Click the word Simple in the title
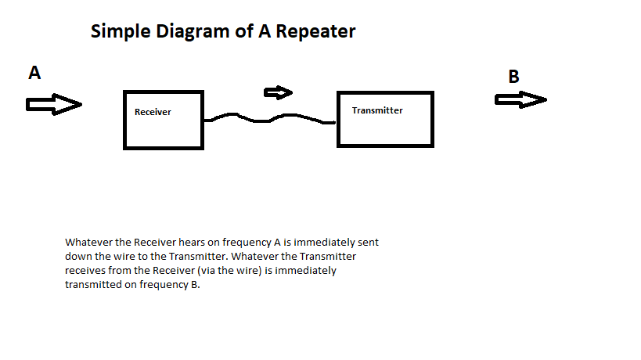click(121, 32)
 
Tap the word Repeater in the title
click(315, 31)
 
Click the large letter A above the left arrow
click(34, 73)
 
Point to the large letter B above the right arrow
click(514, 77)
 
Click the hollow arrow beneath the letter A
click(54, 104)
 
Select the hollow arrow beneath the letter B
click(520, 99)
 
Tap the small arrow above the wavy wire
click(279, 93)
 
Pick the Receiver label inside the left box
click(153, 112)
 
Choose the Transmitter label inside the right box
click(377, 110)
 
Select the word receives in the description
click(85, 271)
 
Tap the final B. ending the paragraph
click(196, 284)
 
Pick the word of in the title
click(243, 31)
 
